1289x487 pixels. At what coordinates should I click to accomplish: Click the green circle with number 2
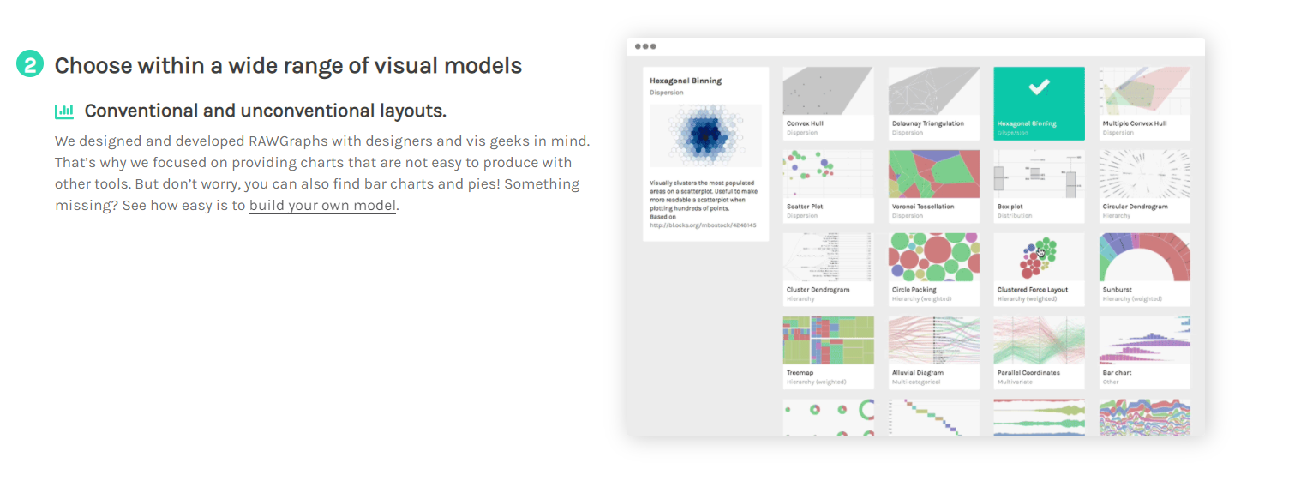pyautogui.click(x=30, y=64)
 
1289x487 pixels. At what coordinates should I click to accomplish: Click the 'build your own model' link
pyautogui.click(x=322, y=206)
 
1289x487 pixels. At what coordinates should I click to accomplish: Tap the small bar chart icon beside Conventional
pyautogui.click(x=64, y=111)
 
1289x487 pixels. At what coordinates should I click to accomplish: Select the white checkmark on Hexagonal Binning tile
pyautogui.click(x=1039, y=87)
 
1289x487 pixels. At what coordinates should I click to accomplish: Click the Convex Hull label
pyautogui.click(x=805, y=123)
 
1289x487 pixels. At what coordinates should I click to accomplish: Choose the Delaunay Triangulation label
pyautogui.click(x=927, y=123)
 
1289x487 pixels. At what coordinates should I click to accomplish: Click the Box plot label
pyautogui.click(x=1010, y=207)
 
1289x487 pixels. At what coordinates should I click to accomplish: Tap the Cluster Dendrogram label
pyautogui.click(x=818, y=290)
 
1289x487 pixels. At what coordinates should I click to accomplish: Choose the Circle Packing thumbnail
pyautogui.click(x=933, y=257)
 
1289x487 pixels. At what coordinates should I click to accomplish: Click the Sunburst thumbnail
pyautogui.click(x=1144, y=257)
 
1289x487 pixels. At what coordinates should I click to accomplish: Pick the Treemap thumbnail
pyautogui.click(x=828, y=340)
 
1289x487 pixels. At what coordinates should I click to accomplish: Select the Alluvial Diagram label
pyautogui.click(x=917, y=373)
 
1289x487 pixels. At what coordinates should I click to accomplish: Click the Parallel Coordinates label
pyautogui.click(x=1028, y=373)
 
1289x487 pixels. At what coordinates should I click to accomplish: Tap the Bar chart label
pyautogui.click(x=1117, y=373)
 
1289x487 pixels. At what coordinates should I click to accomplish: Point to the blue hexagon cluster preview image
pyautogui.click(x=705, y=135)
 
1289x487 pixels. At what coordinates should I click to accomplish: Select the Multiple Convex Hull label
pyautogui.click(x=1134, y=123)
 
